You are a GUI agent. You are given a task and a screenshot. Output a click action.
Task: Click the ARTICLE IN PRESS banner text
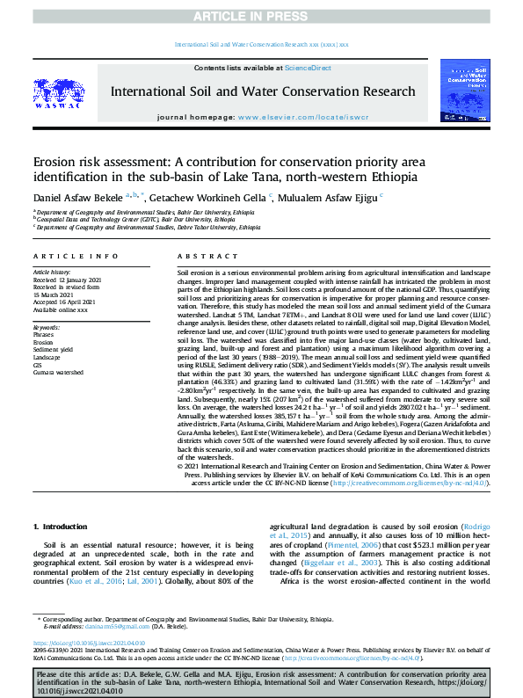coord(261,15)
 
